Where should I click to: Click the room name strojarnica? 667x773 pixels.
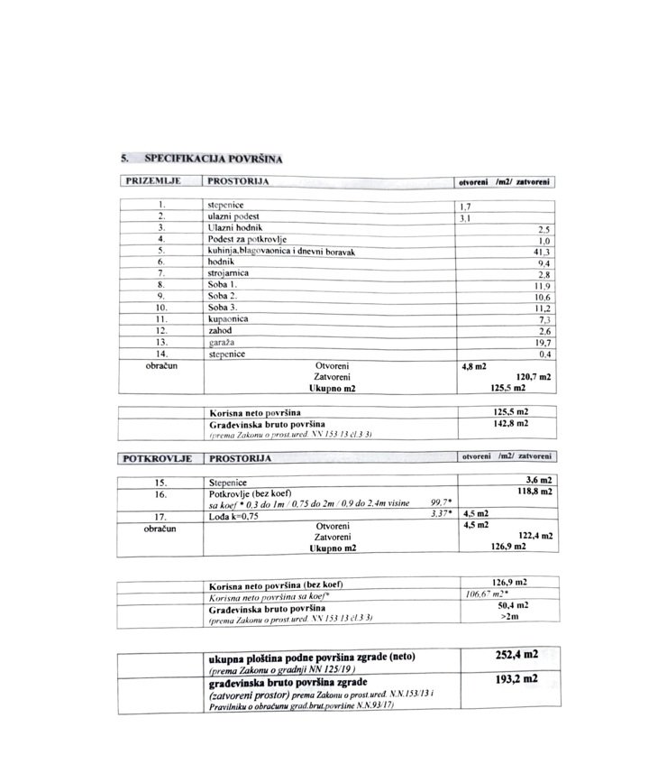228,272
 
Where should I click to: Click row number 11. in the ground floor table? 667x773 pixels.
161,319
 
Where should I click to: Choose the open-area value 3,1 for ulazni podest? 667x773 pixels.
467,217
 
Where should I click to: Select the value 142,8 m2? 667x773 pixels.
506,422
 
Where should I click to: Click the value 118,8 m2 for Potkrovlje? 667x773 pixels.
530,492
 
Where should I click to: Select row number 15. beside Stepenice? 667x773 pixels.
161,482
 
